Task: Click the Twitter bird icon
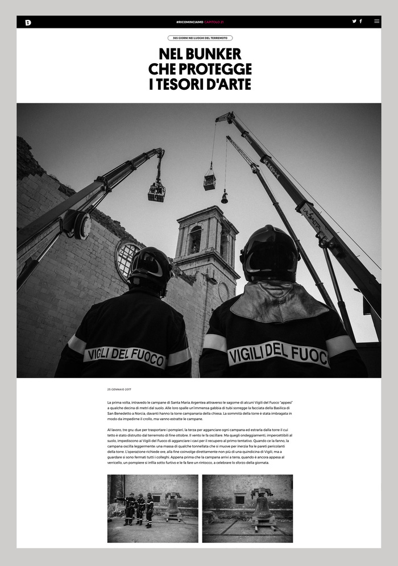(x=354, y=21)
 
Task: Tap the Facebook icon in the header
(x=360, y=21)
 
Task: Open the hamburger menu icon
(x=376, y=21)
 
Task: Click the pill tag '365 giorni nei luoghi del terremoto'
(x=200, y=38)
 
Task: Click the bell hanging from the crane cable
(x=225, y=198)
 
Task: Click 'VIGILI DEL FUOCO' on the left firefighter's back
(x=125, y=356)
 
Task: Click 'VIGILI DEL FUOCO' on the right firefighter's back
(x=278, y=353)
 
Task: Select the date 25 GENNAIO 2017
(x=119, y=389)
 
